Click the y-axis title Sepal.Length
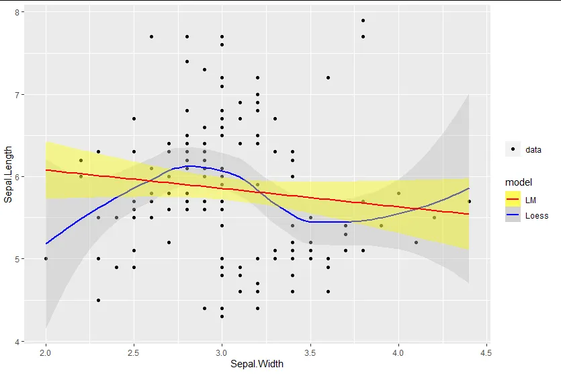pyautogui.click(x=8, y=176)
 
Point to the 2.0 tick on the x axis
pyautogui.click(x=46, y=352)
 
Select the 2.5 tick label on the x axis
pyautogui.click(x=134, y=352)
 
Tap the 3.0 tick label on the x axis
pyautogui.click(x=222, y=352)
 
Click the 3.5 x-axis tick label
pyautogui.click(x=310, y=352)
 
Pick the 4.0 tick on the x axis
pyautogui.click(x=398, y=352)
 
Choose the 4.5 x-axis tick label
pyautogui.click(x=486, y=352)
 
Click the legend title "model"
pyautogui.click(x=519, y=182)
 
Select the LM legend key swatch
pyautogui.click(x=513, y=200)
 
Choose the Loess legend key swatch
pyautogui.click(x=513, y=215)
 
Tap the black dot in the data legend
pyautogui.click(x=513, y=149)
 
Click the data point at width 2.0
pyautogui.click(x=46, y=258)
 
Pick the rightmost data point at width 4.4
pyautogui.click(x=469, y=201)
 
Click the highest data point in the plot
pyautogui.click(x=363, y=21)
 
